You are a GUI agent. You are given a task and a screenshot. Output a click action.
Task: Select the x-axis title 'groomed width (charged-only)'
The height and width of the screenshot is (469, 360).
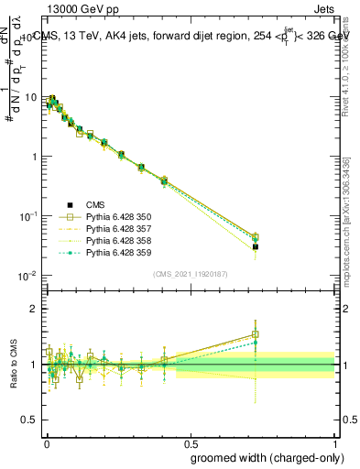coord(262,456)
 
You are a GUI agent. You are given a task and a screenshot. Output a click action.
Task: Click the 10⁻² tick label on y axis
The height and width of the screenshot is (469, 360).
coord(29,276)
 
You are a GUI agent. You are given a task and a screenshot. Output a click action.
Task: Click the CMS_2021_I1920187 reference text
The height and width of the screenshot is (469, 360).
coord(191,274)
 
